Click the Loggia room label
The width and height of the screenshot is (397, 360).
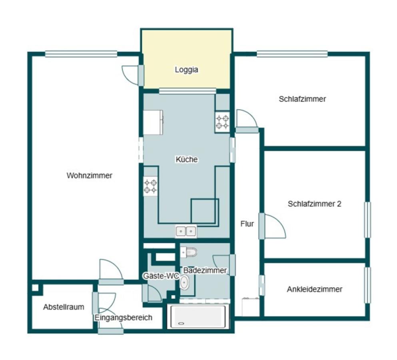(186, 70)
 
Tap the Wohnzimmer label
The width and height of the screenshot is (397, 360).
(90, 175)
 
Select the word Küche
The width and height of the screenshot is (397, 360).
(187, 159)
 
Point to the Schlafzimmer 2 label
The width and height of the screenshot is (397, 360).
(315, 204)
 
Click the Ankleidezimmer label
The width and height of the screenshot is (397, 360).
(315, 289)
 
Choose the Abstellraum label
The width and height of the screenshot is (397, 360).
(64, 307)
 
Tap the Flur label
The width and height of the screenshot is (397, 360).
(247, 224)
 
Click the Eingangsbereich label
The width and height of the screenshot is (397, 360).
(123, 318)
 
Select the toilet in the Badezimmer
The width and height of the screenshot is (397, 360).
(189, 252)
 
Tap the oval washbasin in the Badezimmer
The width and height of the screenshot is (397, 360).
(184, 282)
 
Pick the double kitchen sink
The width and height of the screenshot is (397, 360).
(186, 231)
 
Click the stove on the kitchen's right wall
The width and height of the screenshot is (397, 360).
(222, 122)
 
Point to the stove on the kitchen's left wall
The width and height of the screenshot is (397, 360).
(150, 186)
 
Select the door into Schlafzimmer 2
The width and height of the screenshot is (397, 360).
(272, 226)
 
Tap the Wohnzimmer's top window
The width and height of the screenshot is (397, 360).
(81, 54)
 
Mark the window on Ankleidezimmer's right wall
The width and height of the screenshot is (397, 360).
(367, 285)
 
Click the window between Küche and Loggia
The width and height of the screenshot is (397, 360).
(188, 91)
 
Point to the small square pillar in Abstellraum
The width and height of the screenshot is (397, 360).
(35, 288)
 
